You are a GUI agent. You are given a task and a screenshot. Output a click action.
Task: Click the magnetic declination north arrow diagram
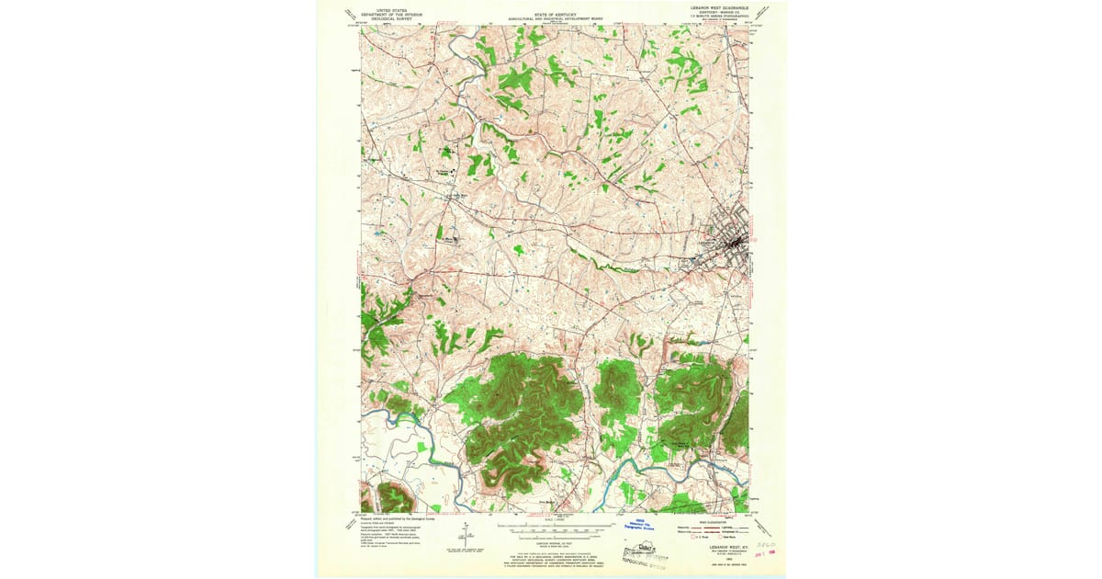click(x=465, y=532)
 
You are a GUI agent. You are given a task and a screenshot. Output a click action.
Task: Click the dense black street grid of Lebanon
click(x=735, y=244)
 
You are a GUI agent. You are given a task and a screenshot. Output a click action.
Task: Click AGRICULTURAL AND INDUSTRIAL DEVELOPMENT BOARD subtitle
click(x=554, y=19)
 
